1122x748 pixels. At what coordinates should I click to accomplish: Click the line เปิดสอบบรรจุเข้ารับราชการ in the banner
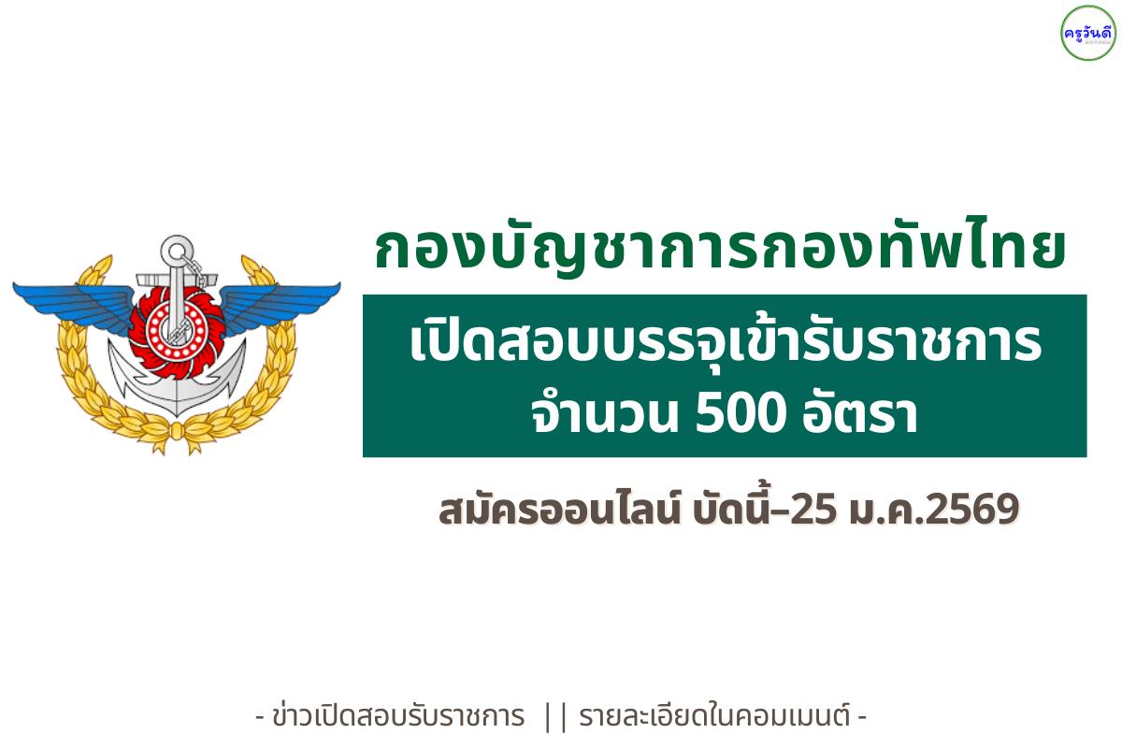point(725,344)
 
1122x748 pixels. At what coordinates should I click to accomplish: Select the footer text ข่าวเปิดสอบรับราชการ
point(396,717)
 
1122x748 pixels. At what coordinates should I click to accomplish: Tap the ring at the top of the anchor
point(176,251)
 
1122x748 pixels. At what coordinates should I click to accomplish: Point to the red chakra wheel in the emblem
point(176,323)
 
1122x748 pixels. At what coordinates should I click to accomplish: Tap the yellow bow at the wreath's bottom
point(176,431)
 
